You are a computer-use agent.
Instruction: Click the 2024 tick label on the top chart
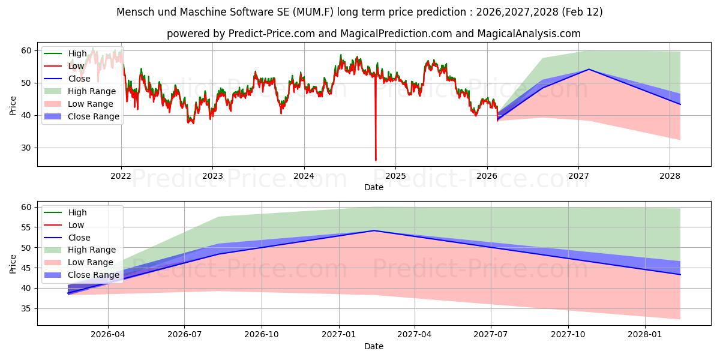304,176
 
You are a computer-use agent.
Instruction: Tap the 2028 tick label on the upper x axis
670,176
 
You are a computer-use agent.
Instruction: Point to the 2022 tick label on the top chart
121,176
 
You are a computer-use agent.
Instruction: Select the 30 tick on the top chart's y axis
26,148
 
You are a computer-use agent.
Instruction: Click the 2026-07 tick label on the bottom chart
185,335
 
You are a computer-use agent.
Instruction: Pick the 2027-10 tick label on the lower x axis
568,335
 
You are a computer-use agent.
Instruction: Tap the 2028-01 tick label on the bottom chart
645,335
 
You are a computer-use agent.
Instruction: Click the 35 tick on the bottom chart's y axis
26,309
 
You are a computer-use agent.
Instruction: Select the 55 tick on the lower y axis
26,227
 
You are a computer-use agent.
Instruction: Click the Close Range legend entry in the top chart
82,116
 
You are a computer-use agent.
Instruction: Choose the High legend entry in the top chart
65,53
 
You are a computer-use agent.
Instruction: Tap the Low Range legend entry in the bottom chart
79,262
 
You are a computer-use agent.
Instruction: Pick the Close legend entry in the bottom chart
67,238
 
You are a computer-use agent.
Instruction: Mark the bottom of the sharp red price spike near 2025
376,160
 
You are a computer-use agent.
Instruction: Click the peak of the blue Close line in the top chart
589,69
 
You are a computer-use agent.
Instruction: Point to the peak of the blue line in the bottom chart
374,230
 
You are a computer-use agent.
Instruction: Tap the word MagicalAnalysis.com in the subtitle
529,34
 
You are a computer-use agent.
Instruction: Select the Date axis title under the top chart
374,187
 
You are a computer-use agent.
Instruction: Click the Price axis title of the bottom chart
13,264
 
